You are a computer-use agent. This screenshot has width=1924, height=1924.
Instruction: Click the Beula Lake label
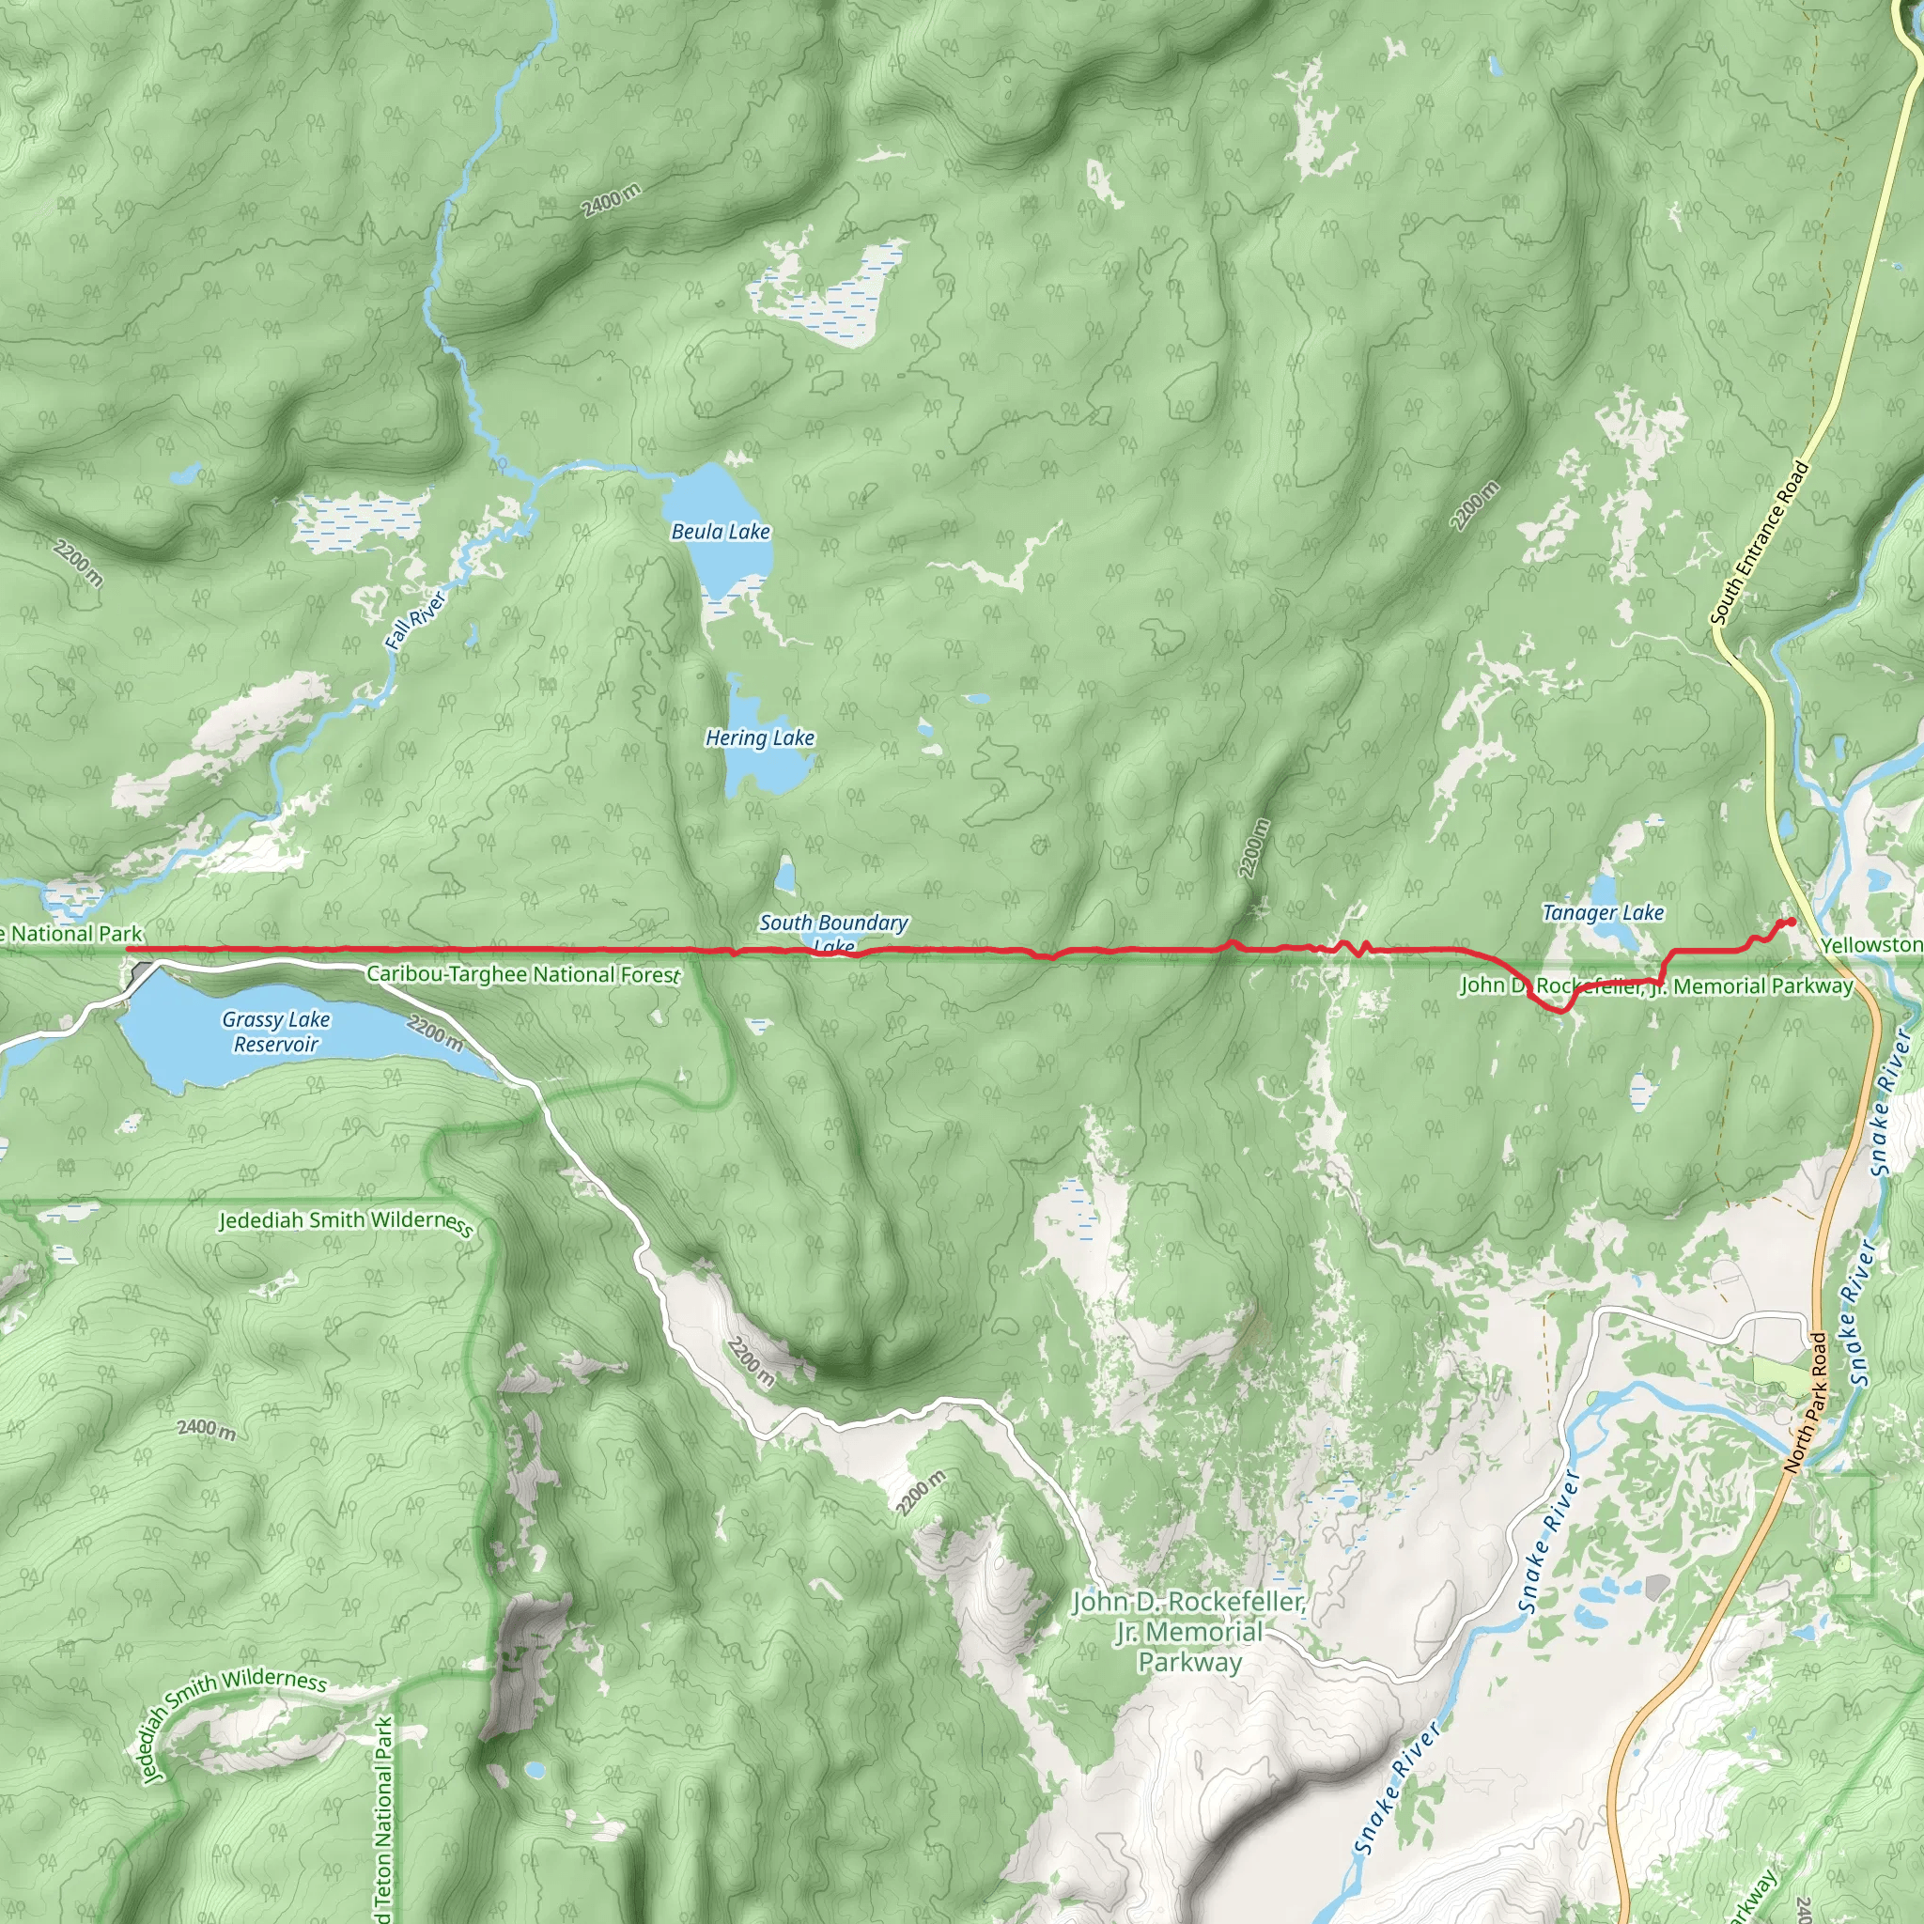(720, 532)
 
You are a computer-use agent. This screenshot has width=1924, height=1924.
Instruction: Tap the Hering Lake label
(760, 737)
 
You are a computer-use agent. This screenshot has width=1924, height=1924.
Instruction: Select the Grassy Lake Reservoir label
(276, 1032)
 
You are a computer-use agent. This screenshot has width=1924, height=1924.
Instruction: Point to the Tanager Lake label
(1603, 912)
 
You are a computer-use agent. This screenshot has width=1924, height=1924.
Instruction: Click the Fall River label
(415, 620)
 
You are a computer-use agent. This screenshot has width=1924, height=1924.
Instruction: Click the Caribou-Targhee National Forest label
(523, 974)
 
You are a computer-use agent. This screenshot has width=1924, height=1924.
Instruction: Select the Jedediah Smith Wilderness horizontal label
(346, 1221)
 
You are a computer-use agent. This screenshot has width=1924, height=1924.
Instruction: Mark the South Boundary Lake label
(833, 930)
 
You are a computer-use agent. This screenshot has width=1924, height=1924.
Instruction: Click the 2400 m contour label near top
(611, 200)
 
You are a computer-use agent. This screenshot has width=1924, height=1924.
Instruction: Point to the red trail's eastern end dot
(1792, 922)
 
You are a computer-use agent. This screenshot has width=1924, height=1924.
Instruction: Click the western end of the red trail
(130, 950)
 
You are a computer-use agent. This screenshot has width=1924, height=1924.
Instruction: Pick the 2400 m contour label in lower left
(207, 1428)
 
